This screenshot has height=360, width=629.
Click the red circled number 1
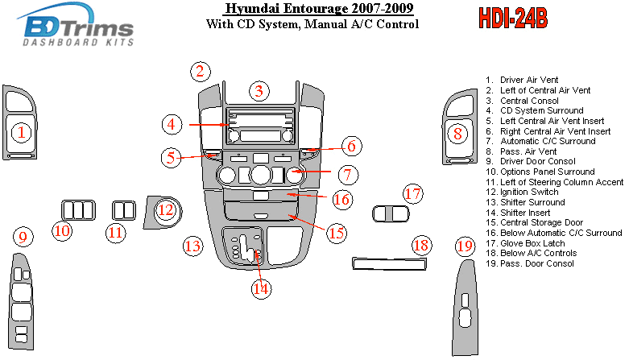coord(22,131)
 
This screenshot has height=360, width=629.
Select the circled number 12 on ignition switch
coord(165,210)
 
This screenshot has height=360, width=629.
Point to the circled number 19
coord(464,246)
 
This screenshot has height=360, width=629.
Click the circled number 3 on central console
coord(258,91)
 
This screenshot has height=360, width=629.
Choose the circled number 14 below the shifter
coord(260,288)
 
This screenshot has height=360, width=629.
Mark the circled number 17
coord(413,194)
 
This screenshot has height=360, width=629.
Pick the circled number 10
coord(62,232)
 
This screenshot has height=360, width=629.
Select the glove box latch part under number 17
coord(391,213)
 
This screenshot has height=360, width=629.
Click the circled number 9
coord(23,238)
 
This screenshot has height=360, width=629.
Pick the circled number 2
coord(201,71)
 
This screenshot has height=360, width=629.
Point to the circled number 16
coord(341,199)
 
